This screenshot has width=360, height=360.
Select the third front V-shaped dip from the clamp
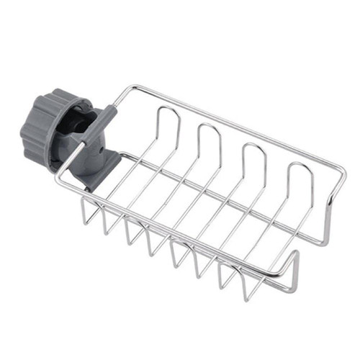130,242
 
